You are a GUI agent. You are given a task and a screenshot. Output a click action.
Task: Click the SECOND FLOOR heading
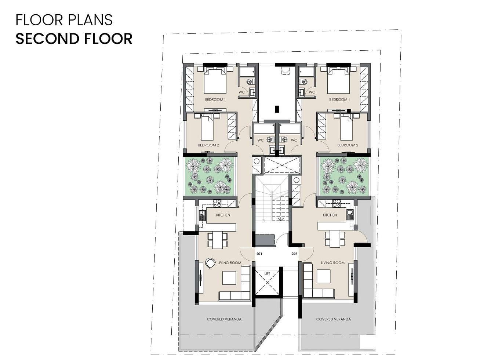74,39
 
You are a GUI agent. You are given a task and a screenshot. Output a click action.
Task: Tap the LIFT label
267,273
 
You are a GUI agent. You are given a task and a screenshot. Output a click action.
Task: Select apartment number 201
259,254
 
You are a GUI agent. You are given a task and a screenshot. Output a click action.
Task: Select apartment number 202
294,254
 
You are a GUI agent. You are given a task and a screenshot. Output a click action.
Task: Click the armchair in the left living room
210,263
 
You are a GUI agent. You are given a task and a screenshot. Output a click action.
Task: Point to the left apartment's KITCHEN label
223,215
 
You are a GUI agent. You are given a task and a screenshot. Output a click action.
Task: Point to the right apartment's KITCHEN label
330,215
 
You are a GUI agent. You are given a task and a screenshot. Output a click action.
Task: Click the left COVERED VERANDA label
224,319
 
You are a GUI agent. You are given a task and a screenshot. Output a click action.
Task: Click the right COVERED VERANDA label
334,319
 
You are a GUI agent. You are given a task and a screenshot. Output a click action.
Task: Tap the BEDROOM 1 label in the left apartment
215,99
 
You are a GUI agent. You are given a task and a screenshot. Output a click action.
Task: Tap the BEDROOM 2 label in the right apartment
348,145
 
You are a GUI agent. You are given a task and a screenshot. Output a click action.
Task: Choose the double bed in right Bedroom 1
338,80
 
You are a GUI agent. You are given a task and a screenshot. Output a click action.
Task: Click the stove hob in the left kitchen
217,203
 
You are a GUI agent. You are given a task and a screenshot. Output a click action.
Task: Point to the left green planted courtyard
210,176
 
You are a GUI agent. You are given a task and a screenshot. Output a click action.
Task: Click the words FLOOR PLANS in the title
64,20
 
